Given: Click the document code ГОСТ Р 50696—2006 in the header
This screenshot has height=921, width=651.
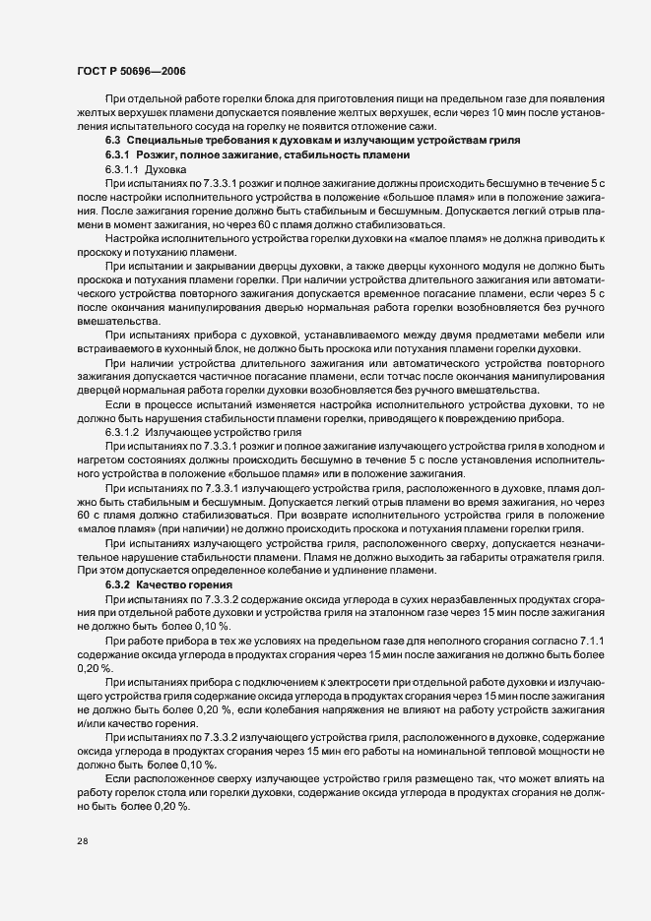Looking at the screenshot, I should point(129,72).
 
